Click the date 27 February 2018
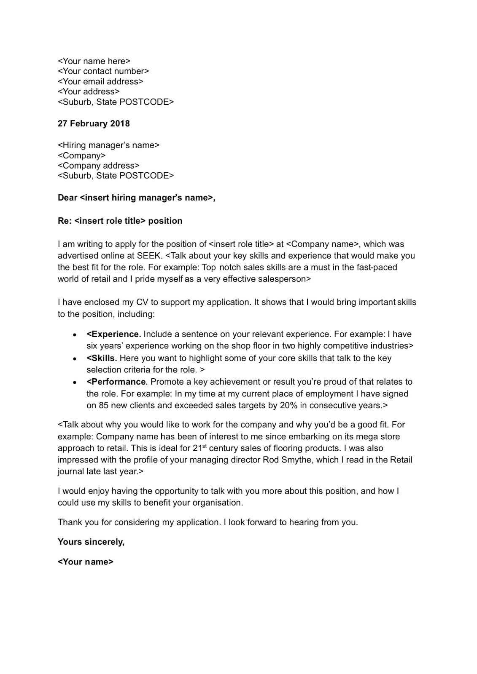pos(94,124)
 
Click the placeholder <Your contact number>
pos(103,71)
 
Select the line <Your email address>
pos(100,81)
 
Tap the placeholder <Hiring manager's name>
pos(108,145)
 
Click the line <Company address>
pos(98,166)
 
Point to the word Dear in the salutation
pos(67,198)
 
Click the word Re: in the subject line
pos(65,221)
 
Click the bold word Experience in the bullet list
pos(116,334)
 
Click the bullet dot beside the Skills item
pos(75,359)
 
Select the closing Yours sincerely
pos(91,542)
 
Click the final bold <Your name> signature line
pos(86,562)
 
